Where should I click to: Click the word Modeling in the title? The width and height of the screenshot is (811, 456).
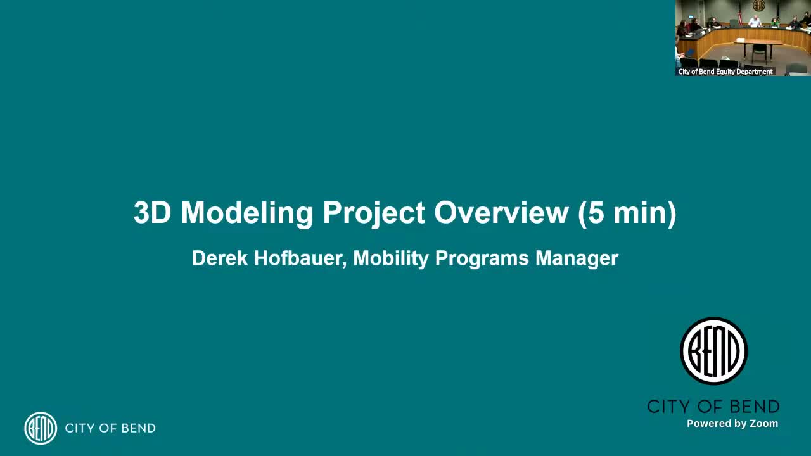[x=247, y=213]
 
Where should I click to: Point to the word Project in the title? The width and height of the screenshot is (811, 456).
[x=374, y=213]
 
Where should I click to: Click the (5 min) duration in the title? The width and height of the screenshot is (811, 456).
[x=627, y=213]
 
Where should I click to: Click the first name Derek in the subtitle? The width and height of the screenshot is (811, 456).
[x=220, y=258]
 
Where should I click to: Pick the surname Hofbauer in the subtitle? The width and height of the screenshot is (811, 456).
[x=300, y=259]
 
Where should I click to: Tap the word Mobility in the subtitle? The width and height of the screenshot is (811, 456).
[x=391, y=259]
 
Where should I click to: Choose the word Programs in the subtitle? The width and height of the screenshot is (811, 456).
[x=482, y=259]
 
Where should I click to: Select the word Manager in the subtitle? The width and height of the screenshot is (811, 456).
[x=577, y=259]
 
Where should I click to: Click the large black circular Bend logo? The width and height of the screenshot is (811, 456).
[x=713, y=351]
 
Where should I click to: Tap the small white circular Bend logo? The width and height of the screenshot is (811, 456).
[x=41, y=428]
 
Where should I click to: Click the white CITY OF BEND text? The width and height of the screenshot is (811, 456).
[x=110, y=428]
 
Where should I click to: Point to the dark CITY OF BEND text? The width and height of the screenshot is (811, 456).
[x=713, y=407]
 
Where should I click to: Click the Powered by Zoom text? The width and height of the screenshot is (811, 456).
[x=732, y=424]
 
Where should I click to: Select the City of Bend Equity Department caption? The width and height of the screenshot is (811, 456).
[x=725, y=72]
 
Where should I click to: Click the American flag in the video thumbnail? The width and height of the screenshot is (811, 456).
[x=740, y=15]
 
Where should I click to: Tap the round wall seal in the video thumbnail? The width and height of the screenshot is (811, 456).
[x=758, y=6]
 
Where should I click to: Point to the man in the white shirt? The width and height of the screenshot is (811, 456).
[x=755, y=22]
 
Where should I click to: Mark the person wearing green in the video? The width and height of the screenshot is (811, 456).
[x=774, y=22]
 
